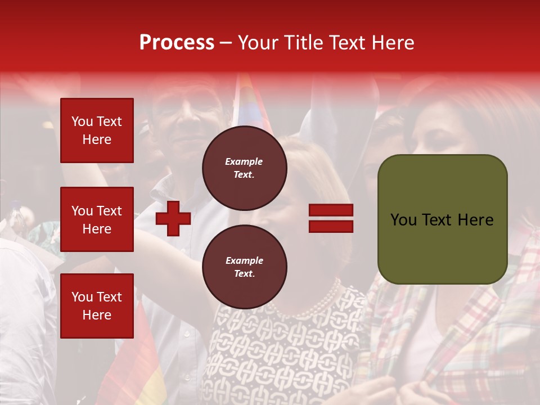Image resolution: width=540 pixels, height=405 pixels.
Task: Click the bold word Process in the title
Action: pos(177,43)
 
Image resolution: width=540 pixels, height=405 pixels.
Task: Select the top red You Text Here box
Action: pos(97,130)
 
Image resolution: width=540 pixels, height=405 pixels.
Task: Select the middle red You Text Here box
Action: pos(97,219)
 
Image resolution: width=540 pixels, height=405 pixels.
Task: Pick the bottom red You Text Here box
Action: pos(97,306)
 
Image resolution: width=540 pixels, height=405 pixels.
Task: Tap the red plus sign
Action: pos(173,219)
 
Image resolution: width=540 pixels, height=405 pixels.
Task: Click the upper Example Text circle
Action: pos(244,168)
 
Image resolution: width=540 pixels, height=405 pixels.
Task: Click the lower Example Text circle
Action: pos(244,267)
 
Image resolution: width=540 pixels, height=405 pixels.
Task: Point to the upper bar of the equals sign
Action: pos(331,210)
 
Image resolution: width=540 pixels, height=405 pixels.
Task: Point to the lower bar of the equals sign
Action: pos(331,226)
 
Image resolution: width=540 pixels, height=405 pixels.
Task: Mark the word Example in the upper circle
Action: pos(244,161)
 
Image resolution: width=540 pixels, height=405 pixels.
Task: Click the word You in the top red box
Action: pos(82,121)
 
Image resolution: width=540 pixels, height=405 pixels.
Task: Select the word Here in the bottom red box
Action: pos(97,315)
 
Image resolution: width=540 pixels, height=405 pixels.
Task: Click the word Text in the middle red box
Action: pos(109,211)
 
